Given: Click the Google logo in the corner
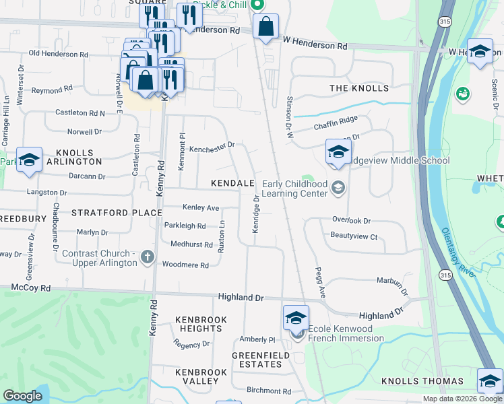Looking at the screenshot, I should point(22,396).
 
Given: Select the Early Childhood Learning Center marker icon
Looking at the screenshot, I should point(338,189).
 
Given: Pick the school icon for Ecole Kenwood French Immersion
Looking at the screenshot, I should point(296,318).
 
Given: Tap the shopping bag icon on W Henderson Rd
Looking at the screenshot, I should point(266,28).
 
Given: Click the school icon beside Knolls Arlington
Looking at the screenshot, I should point(29,160).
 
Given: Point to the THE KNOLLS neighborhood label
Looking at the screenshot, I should point(358,88).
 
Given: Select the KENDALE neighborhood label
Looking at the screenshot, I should point(232,183).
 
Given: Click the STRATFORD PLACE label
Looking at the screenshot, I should point(117,213).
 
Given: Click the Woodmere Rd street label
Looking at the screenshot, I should point(185,265).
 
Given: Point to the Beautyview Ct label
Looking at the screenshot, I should point(354,236).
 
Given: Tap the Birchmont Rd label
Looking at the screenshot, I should point(268,391).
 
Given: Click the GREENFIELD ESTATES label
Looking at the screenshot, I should point(257,360).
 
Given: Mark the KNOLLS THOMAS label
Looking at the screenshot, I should point(422,381).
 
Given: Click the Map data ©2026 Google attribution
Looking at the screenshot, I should point(463,399).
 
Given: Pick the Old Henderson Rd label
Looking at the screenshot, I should point(58,54).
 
